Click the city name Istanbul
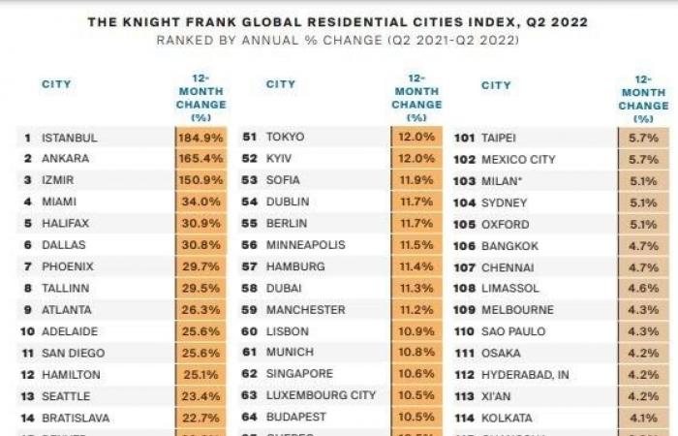69,138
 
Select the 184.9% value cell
200,138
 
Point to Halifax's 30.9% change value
200,223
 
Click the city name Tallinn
66,288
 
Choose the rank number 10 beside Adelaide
27,331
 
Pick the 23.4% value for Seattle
200,396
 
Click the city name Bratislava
76,418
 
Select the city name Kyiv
282,158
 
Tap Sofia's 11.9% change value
416,180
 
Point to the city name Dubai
284,288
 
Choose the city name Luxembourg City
320,395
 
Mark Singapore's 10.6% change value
416,374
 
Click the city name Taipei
498,138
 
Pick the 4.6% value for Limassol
643,288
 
